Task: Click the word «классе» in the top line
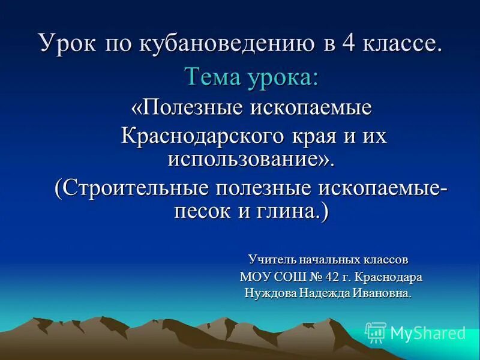401,44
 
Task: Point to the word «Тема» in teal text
213,77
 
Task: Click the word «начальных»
328,260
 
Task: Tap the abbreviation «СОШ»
292,277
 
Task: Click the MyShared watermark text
427,333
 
